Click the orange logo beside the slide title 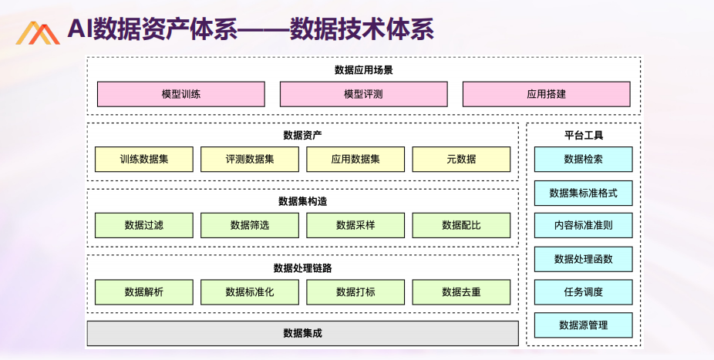38,33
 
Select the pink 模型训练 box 180,94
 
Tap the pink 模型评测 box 363,94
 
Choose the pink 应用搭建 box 547,94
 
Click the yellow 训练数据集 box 144,160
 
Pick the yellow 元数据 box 461,160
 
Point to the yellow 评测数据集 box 250,160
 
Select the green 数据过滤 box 144,225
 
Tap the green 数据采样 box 355,225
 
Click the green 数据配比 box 461,225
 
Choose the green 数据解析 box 144,291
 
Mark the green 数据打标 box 355,291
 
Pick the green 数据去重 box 461,291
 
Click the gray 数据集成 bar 303,333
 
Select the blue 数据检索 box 584,160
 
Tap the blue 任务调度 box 584,291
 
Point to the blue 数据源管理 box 584,325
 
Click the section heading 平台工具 584,135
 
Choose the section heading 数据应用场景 363,69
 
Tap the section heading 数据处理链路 303,268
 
